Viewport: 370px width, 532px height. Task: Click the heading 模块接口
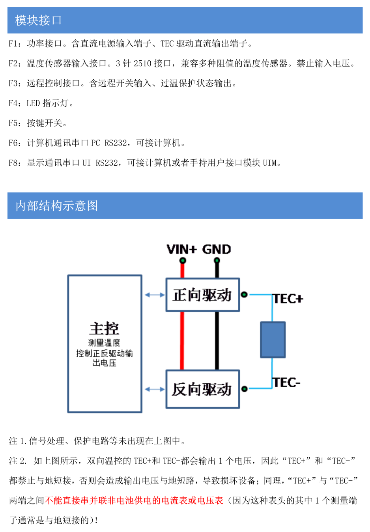[x=38, y=20]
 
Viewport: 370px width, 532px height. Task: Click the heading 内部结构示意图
[x=56, y=205]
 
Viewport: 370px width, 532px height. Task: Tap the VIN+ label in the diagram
[x=181, y=249]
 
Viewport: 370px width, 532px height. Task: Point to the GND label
[x=216, y=249]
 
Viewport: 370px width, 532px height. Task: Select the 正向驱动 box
[x=202, y=295]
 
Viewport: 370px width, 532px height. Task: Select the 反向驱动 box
[x=202, y=389]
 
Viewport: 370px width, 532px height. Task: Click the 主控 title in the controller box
[x=104, y=328]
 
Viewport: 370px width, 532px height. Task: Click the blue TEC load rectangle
[x=273, y=340]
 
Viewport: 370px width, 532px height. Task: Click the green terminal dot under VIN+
[x=182, y=260]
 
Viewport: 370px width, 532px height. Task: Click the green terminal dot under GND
[x=217, y=260]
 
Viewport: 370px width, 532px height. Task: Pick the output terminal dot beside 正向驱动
[x=244, y=294]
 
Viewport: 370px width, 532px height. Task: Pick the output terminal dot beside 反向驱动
[x=244, y=389]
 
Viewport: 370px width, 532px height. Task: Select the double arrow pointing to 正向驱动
[x=154, y=295]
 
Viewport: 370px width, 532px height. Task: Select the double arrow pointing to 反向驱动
[x=154, y=389]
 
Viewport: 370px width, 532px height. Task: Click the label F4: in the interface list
[x=15, y=103]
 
